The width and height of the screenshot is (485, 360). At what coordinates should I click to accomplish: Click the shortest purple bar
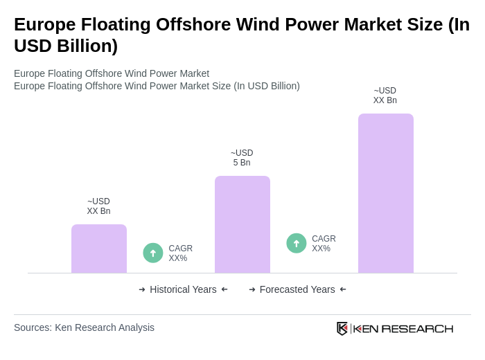click(x=99, y=249)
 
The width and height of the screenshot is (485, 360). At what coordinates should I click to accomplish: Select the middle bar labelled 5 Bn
click(x=242, y=224)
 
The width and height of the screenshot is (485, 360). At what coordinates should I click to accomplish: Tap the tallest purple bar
click(x=385, y=193)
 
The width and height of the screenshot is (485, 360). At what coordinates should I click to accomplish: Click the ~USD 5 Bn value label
click(x=242, y=158)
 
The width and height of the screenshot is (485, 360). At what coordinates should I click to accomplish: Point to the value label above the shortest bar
click(x=98, y=206)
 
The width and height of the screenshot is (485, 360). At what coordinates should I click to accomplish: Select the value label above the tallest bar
click(x=385, y=96)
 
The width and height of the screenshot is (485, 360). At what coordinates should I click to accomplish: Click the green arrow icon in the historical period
click(x=153, y=253)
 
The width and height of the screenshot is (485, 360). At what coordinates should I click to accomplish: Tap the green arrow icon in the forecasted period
click(x=297, y=243)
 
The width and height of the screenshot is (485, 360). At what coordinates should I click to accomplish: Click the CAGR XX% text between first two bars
click(x=180, y=253)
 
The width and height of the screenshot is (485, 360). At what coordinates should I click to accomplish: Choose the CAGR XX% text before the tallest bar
click(x=324, y=244)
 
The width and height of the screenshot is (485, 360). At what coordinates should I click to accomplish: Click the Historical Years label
click(x=183, y=289)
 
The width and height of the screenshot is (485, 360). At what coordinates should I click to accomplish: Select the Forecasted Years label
click(x=297, y=289)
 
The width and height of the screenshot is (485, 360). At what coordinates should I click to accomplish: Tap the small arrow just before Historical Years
click(x=142, y=289)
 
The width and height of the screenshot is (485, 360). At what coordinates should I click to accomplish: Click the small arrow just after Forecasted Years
click(x=343, y=289)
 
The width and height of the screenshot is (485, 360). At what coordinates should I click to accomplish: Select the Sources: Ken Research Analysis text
click(x=84, y=327)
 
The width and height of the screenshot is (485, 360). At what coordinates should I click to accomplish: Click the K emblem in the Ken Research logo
click(x=342, y=328)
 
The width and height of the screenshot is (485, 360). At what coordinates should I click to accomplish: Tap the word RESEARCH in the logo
click(x=417, y=328)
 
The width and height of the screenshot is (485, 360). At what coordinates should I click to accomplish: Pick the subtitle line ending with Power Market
click(x=112, y=73)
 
